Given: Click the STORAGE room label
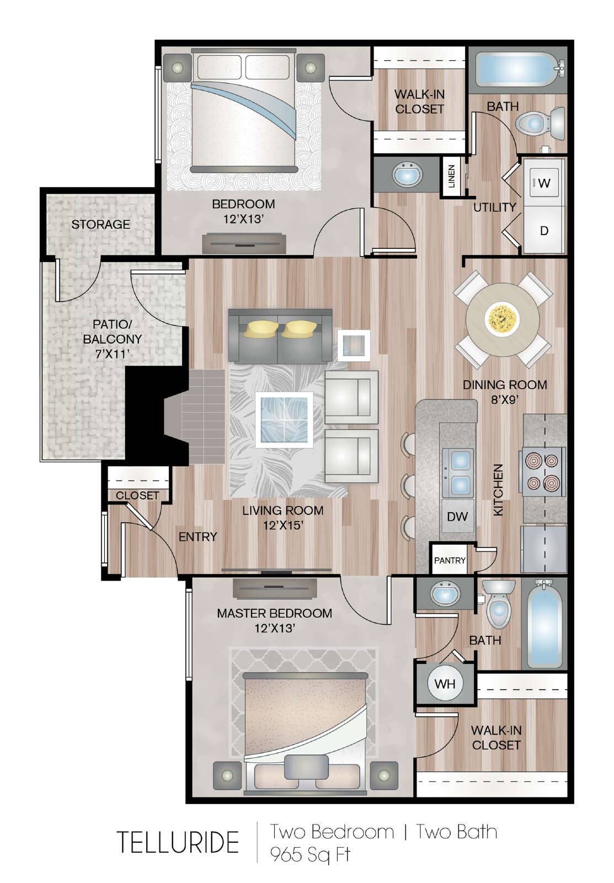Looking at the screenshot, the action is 100,224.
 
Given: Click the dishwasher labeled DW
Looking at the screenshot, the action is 457,516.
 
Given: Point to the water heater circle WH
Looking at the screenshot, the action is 445,684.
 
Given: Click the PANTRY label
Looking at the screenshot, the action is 450,560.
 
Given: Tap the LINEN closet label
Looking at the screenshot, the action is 452,176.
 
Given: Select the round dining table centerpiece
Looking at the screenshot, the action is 501,317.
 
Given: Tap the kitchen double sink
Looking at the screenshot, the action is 458,472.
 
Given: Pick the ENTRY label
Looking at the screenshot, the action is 198,537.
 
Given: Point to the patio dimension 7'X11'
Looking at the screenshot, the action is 113,354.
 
